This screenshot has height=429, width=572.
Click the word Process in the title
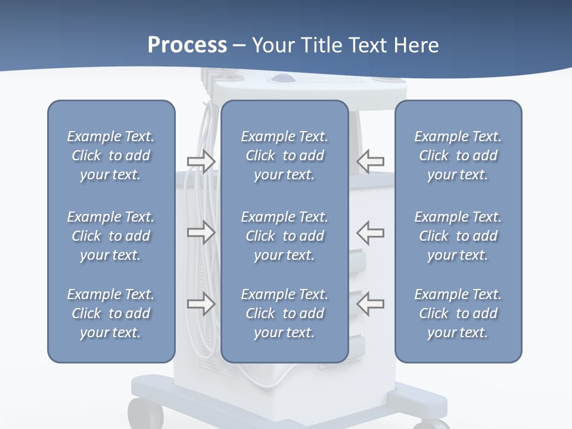click(187, 45)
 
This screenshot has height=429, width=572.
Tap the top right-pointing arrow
click(201, 161)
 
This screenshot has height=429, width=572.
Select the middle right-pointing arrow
click(201, 232)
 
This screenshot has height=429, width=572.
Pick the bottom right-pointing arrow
click(201, 304)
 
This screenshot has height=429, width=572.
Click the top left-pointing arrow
click(371, 161)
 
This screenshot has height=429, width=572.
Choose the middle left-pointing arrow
click(371, 232)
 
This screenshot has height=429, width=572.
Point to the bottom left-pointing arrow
click(371, 304)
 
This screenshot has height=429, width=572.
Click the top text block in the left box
click(111, 156)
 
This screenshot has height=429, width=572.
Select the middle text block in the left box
click(111, 236)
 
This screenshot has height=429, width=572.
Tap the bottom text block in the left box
click(111, 313)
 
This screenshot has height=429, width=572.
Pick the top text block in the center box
click(284, 156)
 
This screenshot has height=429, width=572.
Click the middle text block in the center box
click(284, 236)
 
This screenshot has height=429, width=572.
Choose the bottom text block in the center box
click(284, 313)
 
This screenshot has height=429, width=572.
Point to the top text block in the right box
click(458, 156)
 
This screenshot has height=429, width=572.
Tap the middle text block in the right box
click(458, 236)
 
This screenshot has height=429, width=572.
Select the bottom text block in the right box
click(458, 313)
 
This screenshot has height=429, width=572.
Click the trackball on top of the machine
click(279, 78)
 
